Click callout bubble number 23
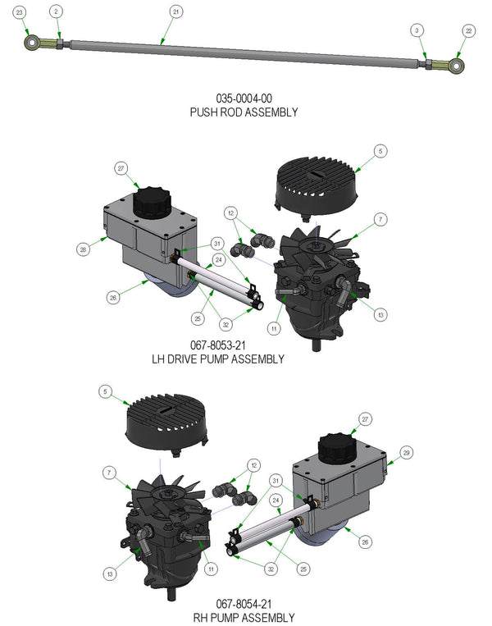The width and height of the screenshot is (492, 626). [x=20, y=11]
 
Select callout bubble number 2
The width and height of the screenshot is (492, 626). [x=56, y=11]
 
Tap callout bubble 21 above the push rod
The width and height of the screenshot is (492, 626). [x=176, y=11]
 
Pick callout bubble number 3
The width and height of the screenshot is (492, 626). [x=418, y=30]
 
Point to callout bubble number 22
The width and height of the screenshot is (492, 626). [x=468, y=30]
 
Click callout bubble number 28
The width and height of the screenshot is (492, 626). [x=84, y=249]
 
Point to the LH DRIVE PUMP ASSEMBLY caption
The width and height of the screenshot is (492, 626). [x=218, y=359]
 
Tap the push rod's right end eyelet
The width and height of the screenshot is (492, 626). [x=457, y=65]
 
